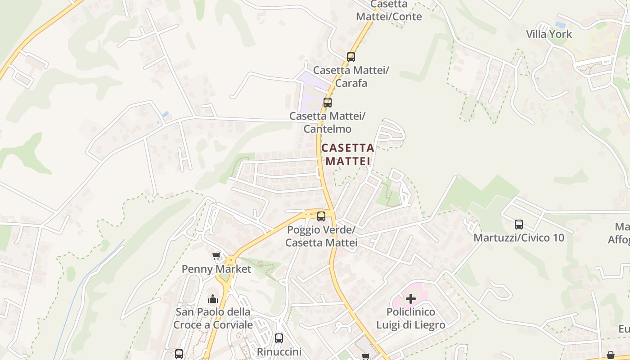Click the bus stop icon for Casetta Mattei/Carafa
pyautogui.click(x=351, y=57)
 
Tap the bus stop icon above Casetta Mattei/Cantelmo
pyautogui.click(x=328, y=103)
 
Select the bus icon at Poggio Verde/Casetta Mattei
pyautogui.click(x=321, y=216)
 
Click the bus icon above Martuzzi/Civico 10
pyautogui.click(x=519, y=224)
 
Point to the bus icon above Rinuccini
pyautogui.click(x=279, y=338)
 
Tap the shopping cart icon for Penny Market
pyautogui.click(x=216, y=256)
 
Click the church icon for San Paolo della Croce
pyautogui.click(x=213, y=299)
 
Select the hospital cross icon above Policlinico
pyautogui.click(x=410, y=298)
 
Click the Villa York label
pyautogui.click(x=549, y=34)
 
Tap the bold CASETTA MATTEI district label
pyautogui.click(x=348, y=154)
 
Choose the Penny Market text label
pyautogui.click(x=216, y=269)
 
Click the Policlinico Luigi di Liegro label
pyautogui.click(x=411, y=319)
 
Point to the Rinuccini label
pyautogui.click(x=279, y=351)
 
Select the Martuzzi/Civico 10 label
pyautogui.click(x=519, y=238)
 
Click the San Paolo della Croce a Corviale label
pyautogui.click(x=213, y=319)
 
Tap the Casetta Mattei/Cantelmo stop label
pyautogui.click(x=327, y=122)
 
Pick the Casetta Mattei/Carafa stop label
pyautogui.click(x=351, y=76)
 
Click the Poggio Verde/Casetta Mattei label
pyautogui.click(x=321, y=236)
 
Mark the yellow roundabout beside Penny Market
pyautogui.click(x=230, y=260)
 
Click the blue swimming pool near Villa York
pyautogui.click(x=560, y=24)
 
